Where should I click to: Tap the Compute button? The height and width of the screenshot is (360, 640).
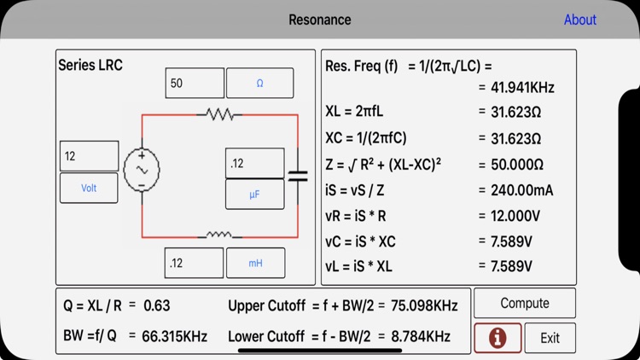click(524, 303)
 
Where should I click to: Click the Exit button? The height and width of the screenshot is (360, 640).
click(550, 338)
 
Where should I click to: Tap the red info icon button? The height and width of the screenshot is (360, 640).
click(497, 338)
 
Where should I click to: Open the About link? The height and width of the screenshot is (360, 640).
click(579, 20)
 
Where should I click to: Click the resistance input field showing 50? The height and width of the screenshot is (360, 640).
click(194, 84)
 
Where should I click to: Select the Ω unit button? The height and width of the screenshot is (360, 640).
click(259, 84)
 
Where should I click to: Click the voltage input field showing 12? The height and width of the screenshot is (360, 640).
click(89, 156)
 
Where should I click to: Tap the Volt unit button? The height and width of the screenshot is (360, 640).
click(89, 188)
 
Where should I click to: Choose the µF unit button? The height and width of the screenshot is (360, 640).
click(254, 195)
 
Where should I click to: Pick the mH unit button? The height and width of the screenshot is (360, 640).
click(255, 264)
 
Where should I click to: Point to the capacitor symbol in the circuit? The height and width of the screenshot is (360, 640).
click(297, 176)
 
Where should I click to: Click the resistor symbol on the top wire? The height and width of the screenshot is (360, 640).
click(219, 114)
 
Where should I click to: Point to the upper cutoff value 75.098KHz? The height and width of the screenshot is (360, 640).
click(423, 305)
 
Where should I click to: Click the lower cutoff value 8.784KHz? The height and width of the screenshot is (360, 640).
click(421, 336)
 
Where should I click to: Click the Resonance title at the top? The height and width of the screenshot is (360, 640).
click(319, 20)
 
